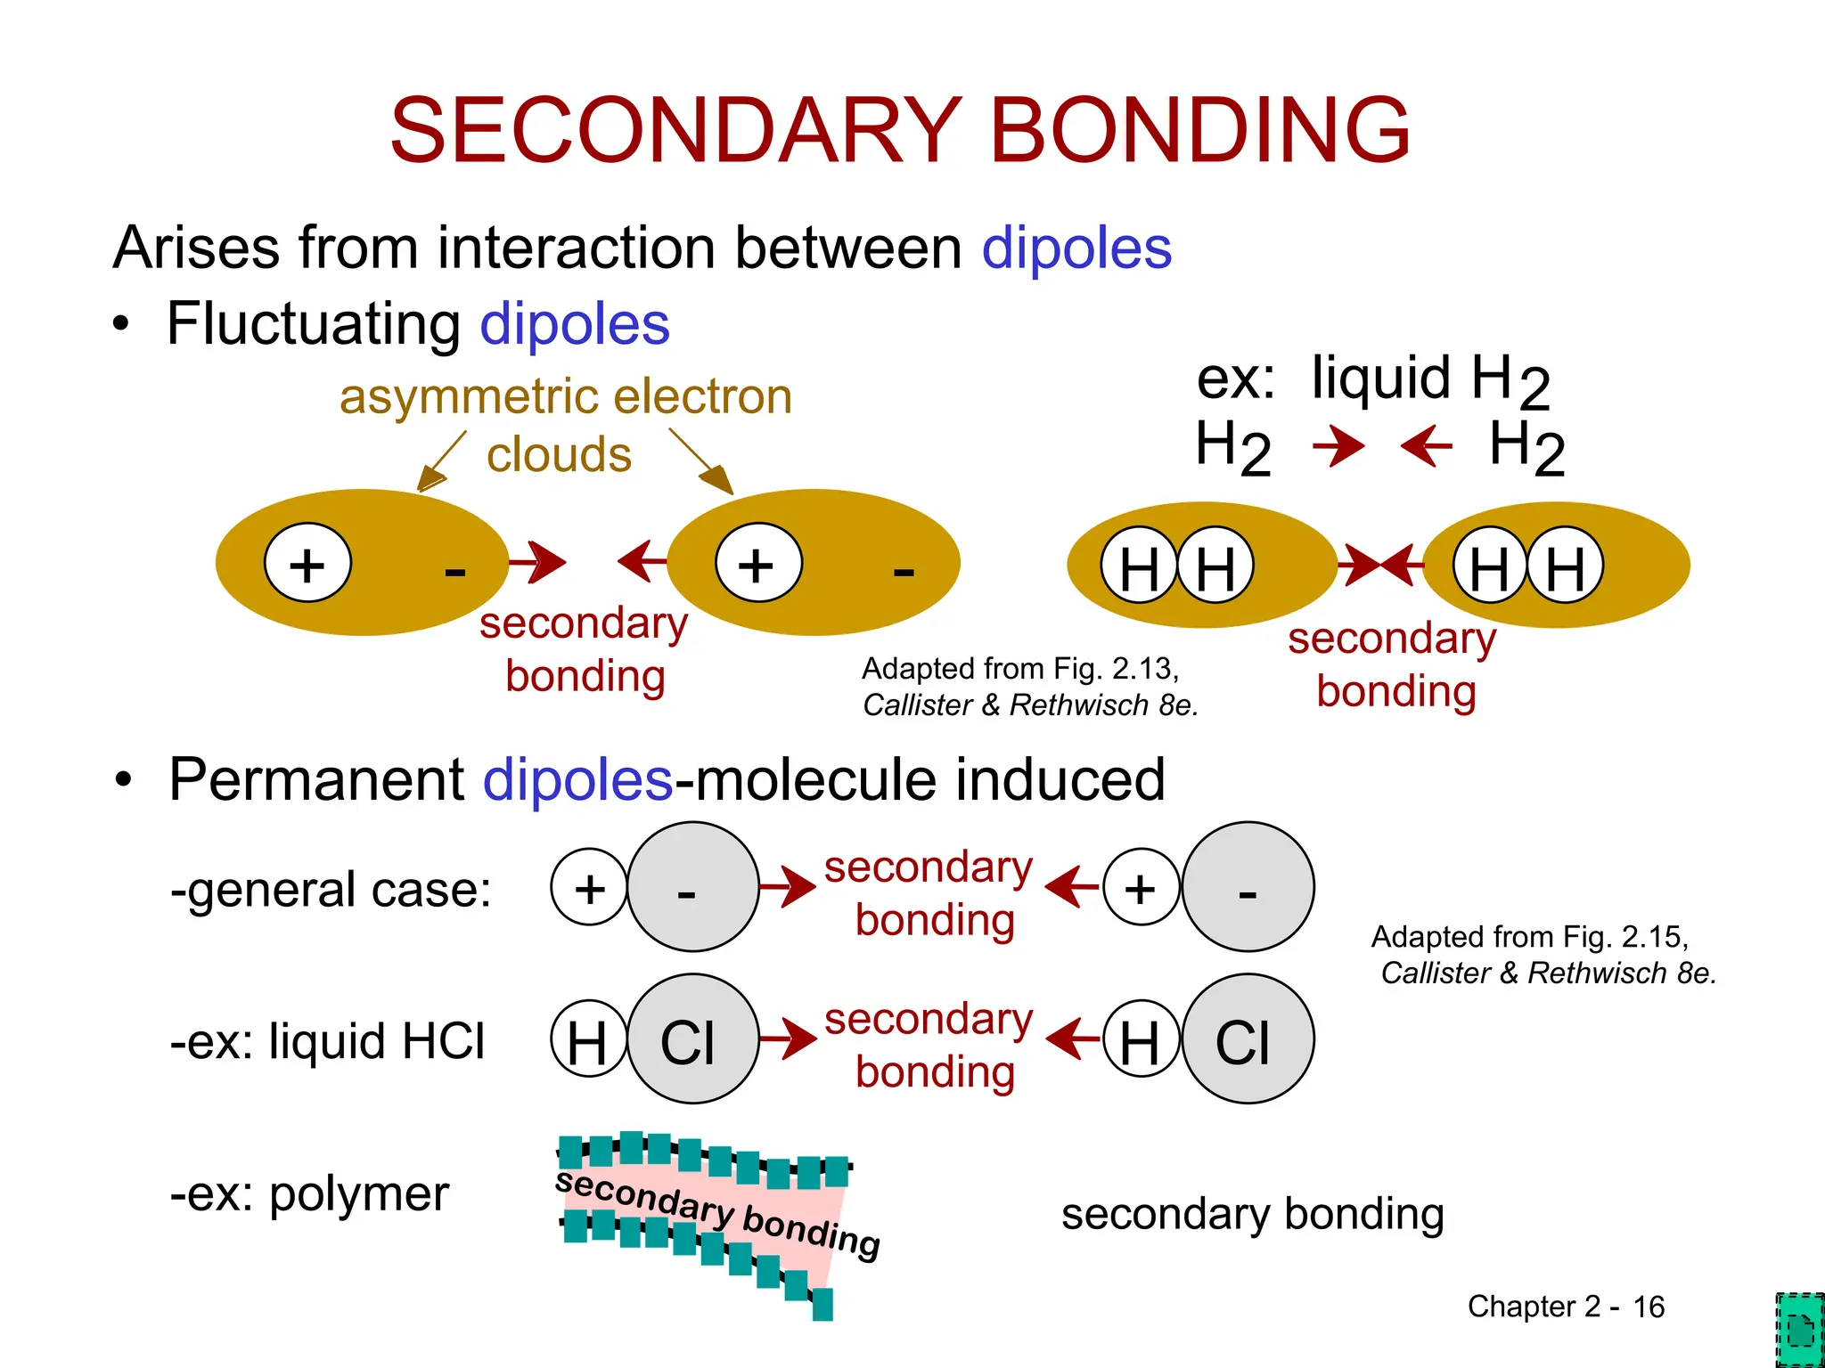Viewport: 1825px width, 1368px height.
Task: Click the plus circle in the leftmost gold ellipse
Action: (x=307, y=563)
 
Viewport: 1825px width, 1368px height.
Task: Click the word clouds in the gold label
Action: (x=559, y=455)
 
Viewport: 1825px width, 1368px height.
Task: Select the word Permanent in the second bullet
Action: (x=316, y=780)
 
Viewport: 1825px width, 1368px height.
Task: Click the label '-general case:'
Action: (x=331, y=890)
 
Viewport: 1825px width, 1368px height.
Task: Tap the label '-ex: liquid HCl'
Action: (x=328, y=1041)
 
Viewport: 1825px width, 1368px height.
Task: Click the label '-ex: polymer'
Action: (x=309, y=1194)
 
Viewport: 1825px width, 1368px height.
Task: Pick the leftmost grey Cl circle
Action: (x=692, y=1039)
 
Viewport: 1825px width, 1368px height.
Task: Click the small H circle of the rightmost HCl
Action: (x=1140, y=1039)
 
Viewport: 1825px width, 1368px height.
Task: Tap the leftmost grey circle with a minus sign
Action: (x=692, y=888)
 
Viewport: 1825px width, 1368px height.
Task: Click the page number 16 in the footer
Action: (x=1648, y=1307)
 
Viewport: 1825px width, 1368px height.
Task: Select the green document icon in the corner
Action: (x=1799, y=1329)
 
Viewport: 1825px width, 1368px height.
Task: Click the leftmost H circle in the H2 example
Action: (x=1138, y=566)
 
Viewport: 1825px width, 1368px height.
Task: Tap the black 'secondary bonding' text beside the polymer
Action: (x=1252, y=1214)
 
